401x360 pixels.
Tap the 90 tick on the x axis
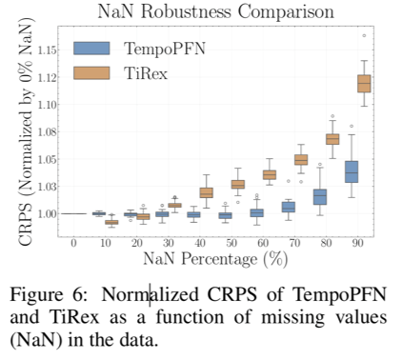(357, 244)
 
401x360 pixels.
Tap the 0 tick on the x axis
(73, 244)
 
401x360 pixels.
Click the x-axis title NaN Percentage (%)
(215, 258)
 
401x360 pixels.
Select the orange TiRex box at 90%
(363, 85)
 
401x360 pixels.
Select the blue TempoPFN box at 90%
(351, 171)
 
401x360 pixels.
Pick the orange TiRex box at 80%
(331, 139)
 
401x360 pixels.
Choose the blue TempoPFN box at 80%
(320, 196)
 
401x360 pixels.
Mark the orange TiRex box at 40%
(206, 192)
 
